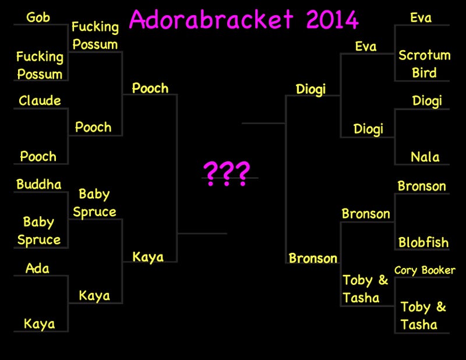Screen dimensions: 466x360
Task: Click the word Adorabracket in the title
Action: pyautogui.click(x=211, y=19)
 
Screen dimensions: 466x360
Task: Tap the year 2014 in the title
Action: pyautogui.click(x=332, y=20)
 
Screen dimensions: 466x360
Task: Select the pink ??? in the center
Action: pyautogui.click(x=227, y=174)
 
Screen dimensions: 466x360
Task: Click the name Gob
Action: pyautogui.click(x=38, y=17)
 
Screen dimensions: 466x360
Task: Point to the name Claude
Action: pyautogui.click(x=40, y=100)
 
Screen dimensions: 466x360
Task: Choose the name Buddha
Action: pyautogui.click(x=38, y=184)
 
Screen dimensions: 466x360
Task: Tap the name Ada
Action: pyautogui.click(x=37, y=269)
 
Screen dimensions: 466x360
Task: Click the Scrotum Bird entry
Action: pyautogui.click(x=425, y=64)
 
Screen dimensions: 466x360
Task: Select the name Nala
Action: pyautogui.click(x=425, y=157)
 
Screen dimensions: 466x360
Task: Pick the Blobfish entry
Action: pyautogui.click(x=423, y=242)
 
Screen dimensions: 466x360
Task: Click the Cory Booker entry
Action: pyautogui.click(x=425, y=270)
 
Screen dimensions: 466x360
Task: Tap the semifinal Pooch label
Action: pyautogui.click(x=150, y=89)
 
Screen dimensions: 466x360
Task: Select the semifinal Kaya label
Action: pyautogui.click(x=148, y=257)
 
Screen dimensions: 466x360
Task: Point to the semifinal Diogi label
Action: pyautogui.click(x=311, y=90)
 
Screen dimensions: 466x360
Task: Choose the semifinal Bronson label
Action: pyautogui.click(x=313, y=258)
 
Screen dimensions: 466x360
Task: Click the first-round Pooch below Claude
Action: pyautogui.click(x=38, y=156)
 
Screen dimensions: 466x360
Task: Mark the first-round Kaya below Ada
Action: pyautogui.click(x=39, y=324)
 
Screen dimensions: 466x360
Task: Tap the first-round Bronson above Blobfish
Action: pyautogui.click(x=422, y=186)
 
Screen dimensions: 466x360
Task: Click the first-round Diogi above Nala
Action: pyautogui.click(x=427, y=101)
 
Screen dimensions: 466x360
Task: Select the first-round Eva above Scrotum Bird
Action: pyautogui.click(x=421, y=18)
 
